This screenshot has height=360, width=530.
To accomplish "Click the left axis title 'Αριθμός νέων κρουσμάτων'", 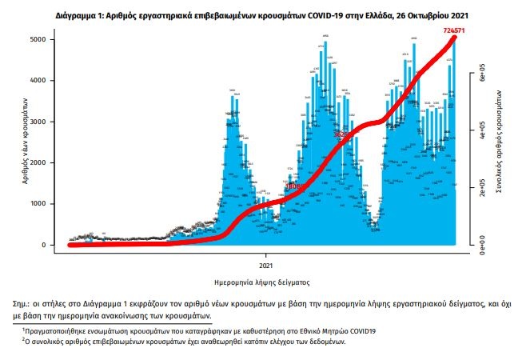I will click(x=27, y=142).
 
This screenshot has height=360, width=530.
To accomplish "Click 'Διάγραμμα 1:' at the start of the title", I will click(x=83, y=15).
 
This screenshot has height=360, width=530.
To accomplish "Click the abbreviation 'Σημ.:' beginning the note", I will click(x=25, y=306).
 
